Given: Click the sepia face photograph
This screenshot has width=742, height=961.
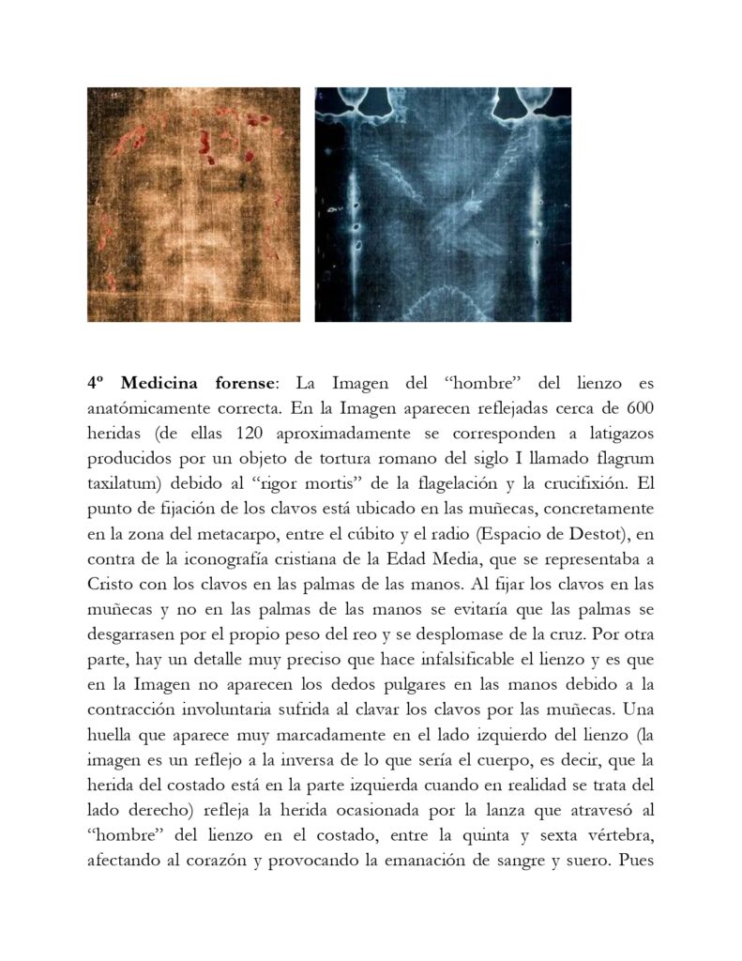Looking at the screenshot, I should click(x=193, y=205).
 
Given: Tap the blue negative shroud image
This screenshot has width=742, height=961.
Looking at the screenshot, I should click(x=442, y=205).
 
